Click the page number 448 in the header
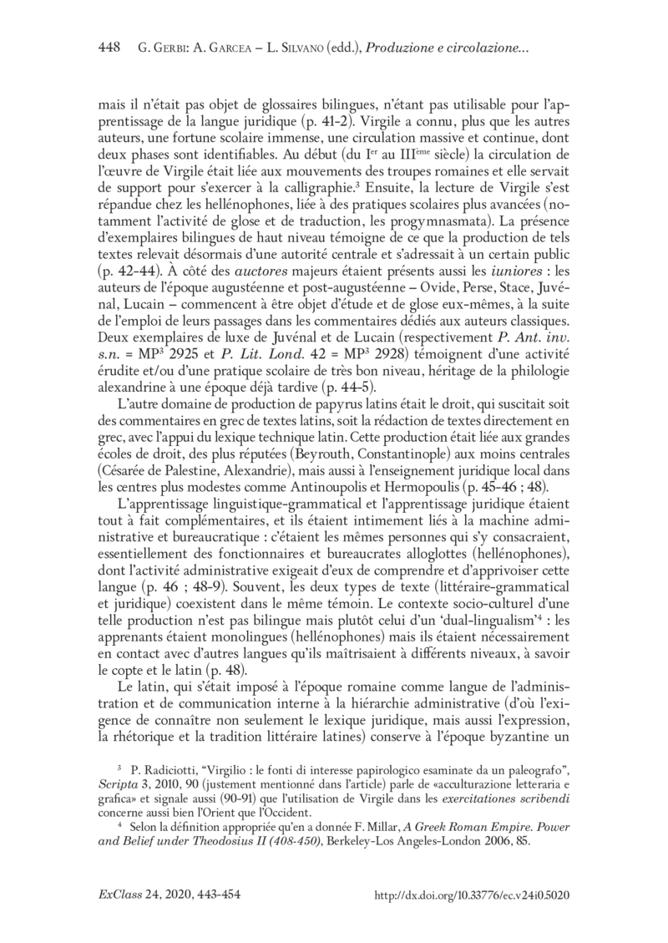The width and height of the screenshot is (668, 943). click(111, 47)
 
